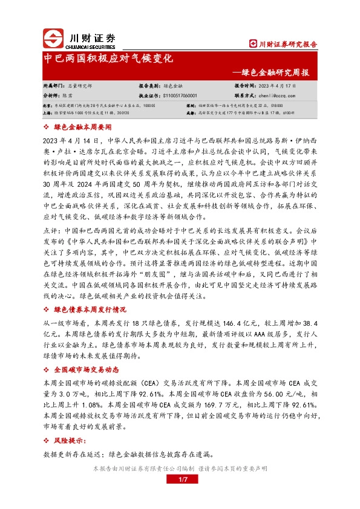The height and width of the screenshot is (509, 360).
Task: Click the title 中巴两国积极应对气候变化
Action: (x=110, y=60)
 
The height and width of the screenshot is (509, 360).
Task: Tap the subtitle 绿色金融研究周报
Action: (x=276, y=73)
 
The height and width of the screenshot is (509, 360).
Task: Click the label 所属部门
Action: (x=53, y=86)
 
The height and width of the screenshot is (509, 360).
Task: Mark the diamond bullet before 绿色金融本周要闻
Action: (x=48, y=128)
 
